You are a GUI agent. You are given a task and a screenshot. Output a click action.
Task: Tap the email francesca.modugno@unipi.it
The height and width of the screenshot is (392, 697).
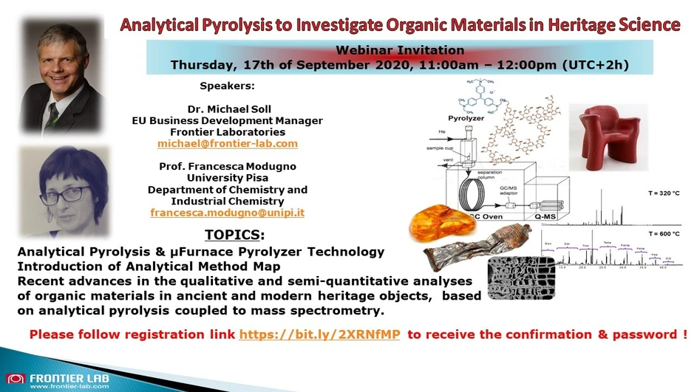[x=227, y=213]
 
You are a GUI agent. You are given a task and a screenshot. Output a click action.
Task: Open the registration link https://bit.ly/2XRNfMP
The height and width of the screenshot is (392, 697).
[x=320, y=334]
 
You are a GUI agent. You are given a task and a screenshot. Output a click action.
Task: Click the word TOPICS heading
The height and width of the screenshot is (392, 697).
[x=233, y=235]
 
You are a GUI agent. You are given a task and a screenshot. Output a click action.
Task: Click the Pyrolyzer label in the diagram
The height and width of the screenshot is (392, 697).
[x=466, y=118]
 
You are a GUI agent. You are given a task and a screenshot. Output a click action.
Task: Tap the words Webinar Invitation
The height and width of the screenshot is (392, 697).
[x=400, y=50]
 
